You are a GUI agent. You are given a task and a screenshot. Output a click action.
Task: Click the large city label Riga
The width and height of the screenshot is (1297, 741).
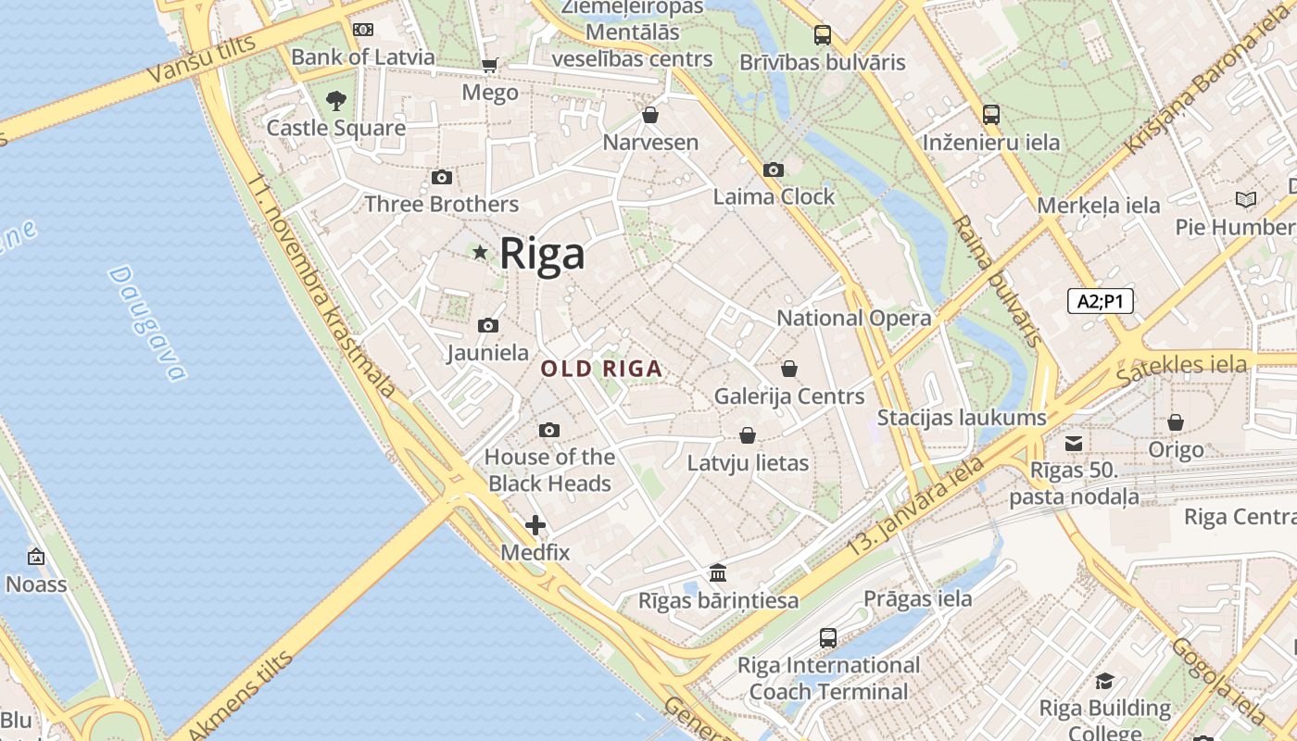click(542, 254)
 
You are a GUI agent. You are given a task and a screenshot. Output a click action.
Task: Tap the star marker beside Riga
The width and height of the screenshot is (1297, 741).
click(480, 253)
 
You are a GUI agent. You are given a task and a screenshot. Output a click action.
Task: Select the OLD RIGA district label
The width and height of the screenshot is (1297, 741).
click(601, 369)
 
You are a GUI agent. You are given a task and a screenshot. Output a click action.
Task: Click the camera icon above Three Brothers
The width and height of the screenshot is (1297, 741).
click(442, 177)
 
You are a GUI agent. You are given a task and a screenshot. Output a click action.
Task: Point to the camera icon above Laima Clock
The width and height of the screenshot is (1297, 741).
click(774, 170)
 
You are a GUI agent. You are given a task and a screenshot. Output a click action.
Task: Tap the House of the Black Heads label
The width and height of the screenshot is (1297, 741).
click(549, 470)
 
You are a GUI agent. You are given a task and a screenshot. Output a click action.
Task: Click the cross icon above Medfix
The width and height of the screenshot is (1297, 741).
click(535, 525)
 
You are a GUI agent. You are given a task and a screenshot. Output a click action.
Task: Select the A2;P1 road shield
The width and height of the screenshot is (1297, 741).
click(1100, 301)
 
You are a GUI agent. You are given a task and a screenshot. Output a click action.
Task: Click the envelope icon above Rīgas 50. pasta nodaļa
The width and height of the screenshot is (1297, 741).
click(1074, 443)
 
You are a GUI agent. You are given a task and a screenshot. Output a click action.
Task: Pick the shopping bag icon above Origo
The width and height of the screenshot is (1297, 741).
click(1176, 422)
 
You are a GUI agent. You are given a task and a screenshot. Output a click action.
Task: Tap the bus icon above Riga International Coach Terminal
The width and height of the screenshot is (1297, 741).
click(828, 637)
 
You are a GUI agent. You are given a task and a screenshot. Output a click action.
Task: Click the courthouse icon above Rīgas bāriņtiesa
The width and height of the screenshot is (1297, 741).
click(718, 572)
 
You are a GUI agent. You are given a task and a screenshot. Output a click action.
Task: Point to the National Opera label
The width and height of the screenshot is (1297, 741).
click(853, 318)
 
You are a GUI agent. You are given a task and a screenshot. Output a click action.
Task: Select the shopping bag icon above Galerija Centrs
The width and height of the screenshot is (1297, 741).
click(789, 369)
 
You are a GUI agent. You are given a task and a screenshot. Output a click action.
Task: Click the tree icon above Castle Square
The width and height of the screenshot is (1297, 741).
click(336, 100)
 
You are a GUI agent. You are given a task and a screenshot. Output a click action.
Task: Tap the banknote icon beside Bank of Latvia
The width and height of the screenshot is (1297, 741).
click(363, 30)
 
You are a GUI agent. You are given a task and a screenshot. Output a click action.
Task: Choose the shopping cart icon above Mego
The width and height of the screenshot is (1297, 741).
click(489, 65)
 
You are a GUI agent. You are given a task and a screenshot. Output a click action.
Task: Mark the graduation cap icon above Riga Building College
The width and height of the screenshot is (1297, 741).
click(1104, 681)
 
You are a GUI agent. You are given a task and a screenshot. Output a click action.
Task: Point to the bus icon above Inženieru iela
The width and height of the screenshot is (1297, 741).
click(991, 115)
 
